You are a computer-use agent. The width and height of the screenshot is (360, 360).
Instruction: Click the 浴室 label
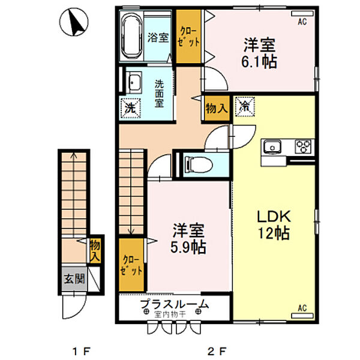[x=158, y=37]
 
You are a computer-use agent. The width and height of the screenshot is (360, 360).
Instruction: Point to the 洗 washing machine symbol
[x=130, y=108]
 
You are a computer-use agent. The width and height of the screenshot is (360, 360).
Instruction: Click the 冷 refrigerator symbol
[x=244, y=107]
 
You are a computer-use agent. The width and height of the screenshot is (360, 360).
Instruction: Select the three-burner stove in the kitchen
[x=302, y=146]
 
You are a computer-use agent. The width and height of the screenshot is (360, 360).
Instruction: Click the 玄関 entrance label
[x=75, y=278]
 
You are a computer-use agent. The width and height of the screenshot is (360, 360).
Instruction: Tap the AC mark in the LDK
[x=302, y=309]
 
